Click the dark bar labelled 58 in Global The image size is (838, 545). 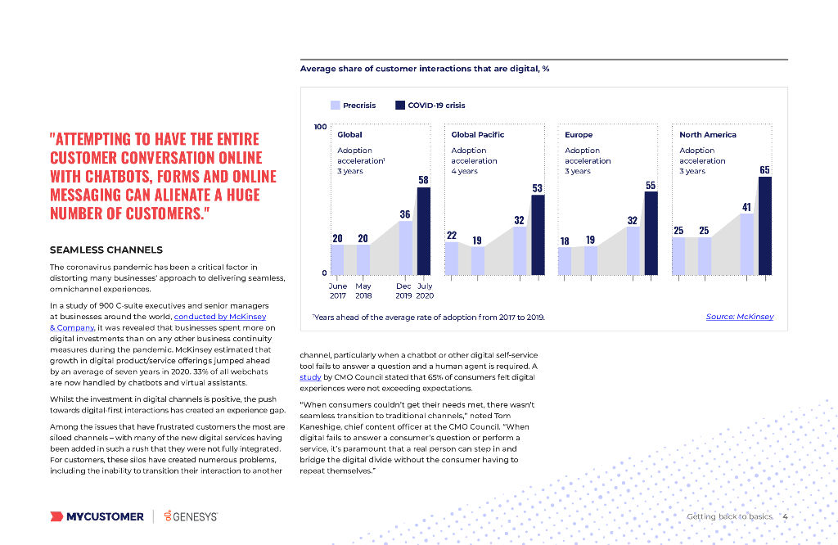pos(423,231)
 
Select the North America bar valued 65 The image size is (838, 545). pos(765,225)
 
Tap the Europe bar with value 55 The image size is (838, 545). pos(651,233)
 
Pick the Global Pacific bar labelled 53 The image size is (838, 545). pos(538,235)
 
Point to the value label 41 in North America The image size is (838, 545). pos(746,207)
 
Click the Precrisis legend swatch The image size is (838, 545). pos(336,105)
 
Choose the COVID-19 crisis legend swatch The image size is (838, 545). pos(400,105)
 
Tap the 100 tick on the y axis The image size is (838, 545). pos(321,127)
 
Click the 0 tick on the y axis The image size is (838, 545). pos(324,272)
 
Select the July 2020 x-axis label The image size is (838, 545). pos(425,291)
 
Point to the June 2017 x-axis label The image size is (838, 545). pos(337,291)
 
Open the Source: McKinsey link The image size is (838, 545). pos(739,317)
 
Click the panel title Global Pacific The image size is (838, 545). pos(477,134)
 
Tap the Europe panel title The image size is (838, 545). pos(579,134)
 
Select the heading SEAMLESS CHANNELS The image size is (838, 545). pos(106,250)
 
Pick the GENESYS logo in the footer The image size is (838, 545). pos(191,516)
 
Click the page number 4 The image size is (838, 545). pos(785,516)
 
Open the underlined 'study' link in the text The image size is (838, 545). pos(310,377)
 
